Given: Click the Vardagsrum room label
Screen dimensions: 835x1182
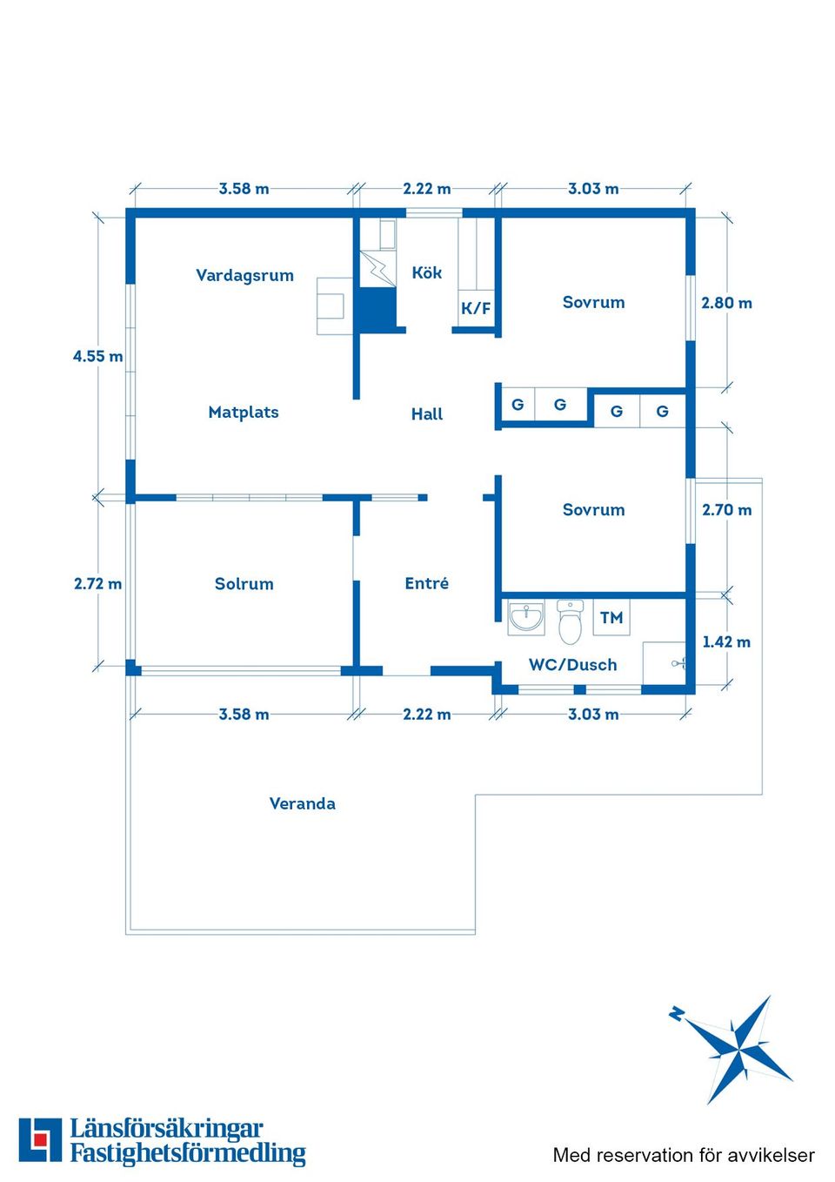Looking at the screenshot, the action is (x=244, y=275).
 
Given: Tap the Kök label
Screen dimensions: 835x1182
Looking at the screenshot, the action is (x=426, y=272).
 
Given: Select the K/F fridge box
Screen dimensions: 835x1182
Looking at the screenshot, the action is (x=476, y=308).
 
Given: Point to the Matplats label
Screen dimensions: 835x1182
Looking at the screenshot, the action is (x=244, y=412).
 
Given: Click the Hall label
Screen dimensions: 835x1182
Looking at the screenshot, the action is (x=427, y=414).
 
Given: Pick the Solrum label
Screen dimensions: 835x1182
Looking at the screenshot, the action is (x=244, y=584).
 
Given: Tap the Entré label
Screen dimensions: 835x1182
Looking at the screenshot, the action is (x=427, y=583).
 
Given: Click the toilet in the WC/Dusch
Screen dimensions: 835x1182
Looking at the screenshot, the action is (x=570, y=622).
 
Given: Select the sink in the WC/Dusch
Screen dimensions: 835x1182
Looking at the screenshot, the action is (x=525, y=617).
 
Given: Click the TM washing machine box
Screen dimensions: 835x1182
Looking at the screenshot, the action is (x=611, y=617).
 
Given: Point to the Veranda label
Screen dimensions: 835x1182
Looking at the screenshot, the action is (x=303, y=803).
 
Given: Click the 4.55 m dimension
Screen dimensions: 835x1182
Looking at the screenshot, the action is (x=98, y=357).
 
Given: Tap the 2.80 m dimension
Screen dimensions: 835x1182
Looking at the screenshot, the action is (x=726, y=304).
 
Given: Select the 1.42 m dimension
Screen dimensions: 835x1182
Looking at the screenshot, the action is (x=726, y=642).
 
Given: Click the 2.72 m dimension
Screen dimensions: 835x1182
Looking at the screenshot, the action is (x=98, y=584).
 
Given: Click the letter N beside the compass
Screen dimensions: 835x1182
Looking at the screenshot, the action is (x=677, y=1013).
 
